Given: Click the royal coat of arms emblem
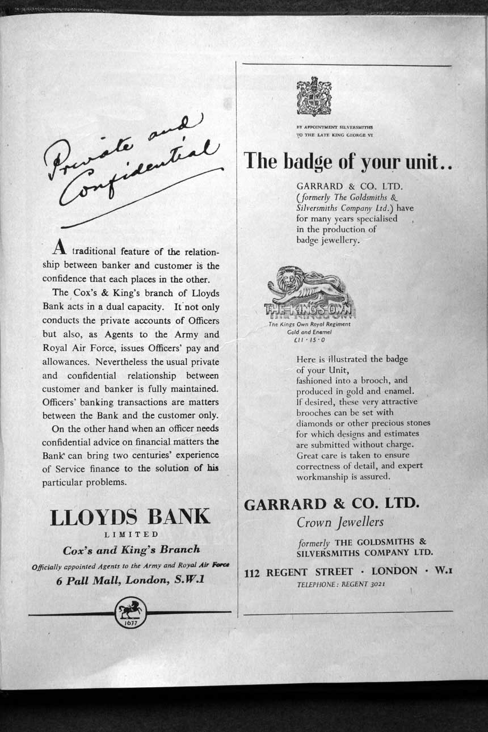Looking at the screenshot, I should (x=314, y=97).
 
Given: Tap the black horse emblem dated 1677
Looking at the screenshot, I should (x=131, y=612).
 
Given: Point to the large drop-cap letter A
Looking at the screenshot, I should (x=60, y=247).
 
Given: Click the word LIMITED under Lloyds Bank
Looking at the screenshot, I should (x=131, y=535).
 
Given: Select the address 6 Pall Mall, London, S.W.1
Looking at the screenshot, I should (x=131, y=580).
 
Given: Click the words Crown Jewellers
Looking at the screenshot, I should (x=340, y=522).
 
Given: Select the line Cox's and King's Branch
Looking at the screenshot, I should (x=131, y=549).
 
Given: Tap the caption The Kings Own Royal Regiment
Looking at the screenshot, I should (x=309, y=325).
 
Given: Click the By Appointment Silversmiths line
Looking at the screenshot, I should (x=335, y=127).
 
